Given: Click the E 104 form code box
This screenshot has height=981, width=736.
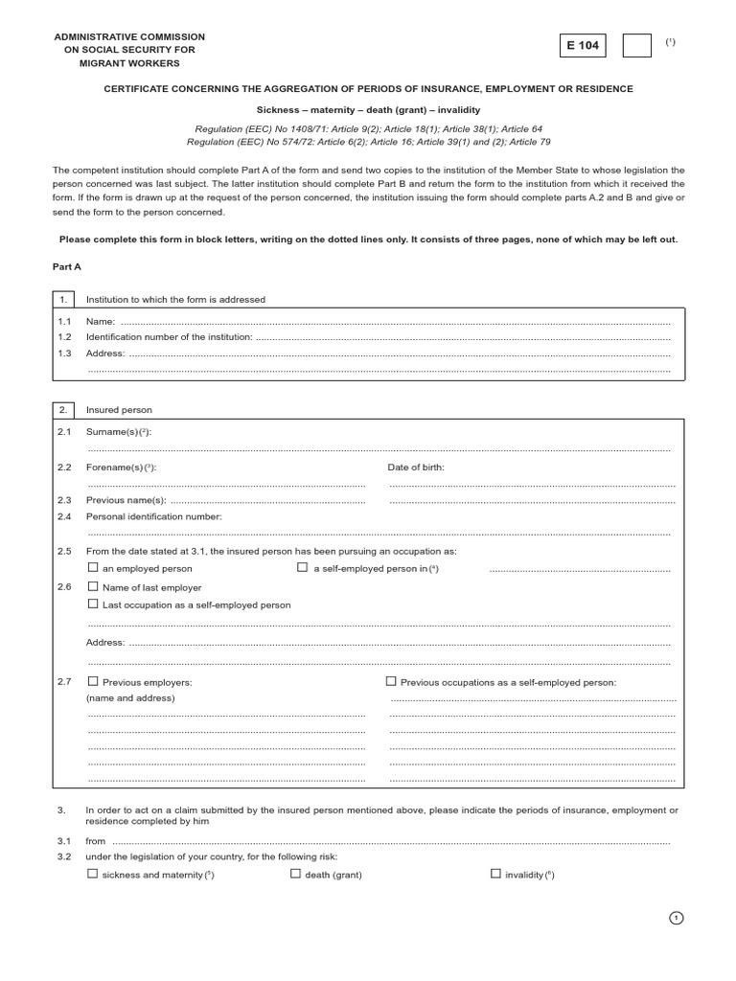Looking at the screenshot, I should pyautogui.click(x=587, y=45).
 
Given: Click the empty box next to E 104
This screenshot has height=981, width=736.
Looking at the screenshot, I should pyautogui.click(x=636, y=45).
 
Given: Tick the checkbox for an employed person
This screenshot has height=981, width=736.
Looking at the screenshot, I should pyautogui.click(x=93, y=568).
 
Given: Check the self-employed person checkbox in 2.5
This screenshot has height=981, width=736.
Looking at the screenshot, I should pyautogui.click(x=302, y=568).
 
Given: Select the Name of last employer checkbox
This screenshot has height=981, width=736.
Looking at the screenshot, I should pyautogui.click(x=93, y=586).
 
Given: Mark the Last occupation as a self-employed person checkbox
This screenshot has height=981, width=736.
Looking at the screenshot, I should pyautogui.click(x=93, y=605).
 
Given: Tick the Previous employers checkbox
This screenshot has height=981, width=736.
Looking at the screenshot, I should pyautogui.click(x=93, y=681).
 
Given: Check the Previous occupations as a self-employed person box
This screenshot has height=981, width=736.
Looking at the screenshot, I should pyautogui.click(x=391, y=681).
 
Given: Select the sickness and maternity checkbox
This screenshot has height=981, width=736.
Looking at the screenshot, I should pyautogui.click(x=93, y=874).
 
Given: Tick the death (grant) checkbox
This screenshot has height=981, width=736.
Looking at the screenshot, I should pyautogui.click(x=295, y=874).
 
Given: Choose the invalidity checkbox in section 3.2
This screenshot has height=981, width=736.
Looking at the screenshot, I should pyautogui.click(x=495, y=874).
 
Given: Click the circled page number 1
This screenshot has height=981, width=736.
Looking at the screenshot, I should pyautogui.click(x=677, y=918).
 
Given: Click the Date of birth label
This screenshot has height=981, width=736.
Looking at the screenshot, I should pyautogui.click(x=416, y=467).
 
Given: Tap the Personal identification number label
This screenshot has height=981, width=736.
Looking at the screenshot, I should pyautogui.click(x=153, y=516).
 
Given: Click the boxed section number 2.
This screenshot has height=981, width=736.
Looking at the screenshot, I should pyautogui.click(x=63, y=410).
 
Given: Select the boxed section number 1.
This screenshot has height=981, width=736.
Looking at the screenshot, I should pyautogui.click(x=63, y=300).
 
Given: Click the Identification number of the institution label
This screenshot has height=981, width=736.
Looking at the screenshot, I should pyautogui.click(x=170, y=337).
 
